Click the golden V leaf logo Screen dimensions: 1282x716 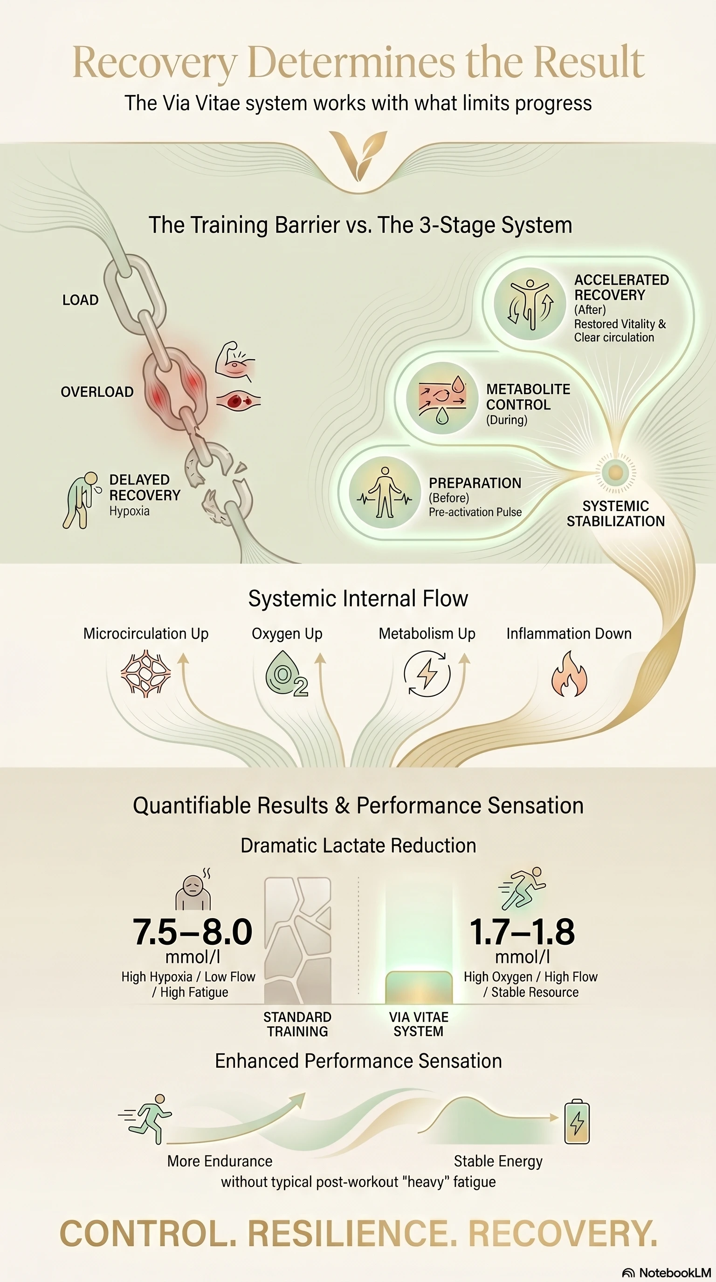[358, 155]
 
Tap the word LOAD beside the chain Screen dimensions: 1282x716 [80, 300]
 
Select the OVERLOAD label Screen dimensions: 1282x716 [97, 392]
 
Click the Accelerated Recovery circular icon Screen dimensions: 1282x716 [530, 304]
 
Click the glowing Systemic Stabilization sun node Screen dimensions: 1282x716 [615, 472]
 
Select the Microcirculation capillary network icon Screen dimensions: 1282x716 [145, 673]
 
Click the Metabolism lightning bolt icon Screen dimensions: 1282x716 [427, 674]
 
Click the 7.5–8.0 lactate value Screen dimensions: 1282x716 [193, 932]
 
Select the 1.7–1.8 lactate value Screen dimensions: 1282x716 [522, 932]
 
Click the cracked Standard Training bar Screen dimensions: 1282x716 [298, 941]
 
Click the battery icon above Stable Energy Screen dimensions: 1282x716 [577, 1122]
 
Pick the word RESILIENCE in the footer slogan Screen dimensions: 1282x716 [352, 1234]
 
